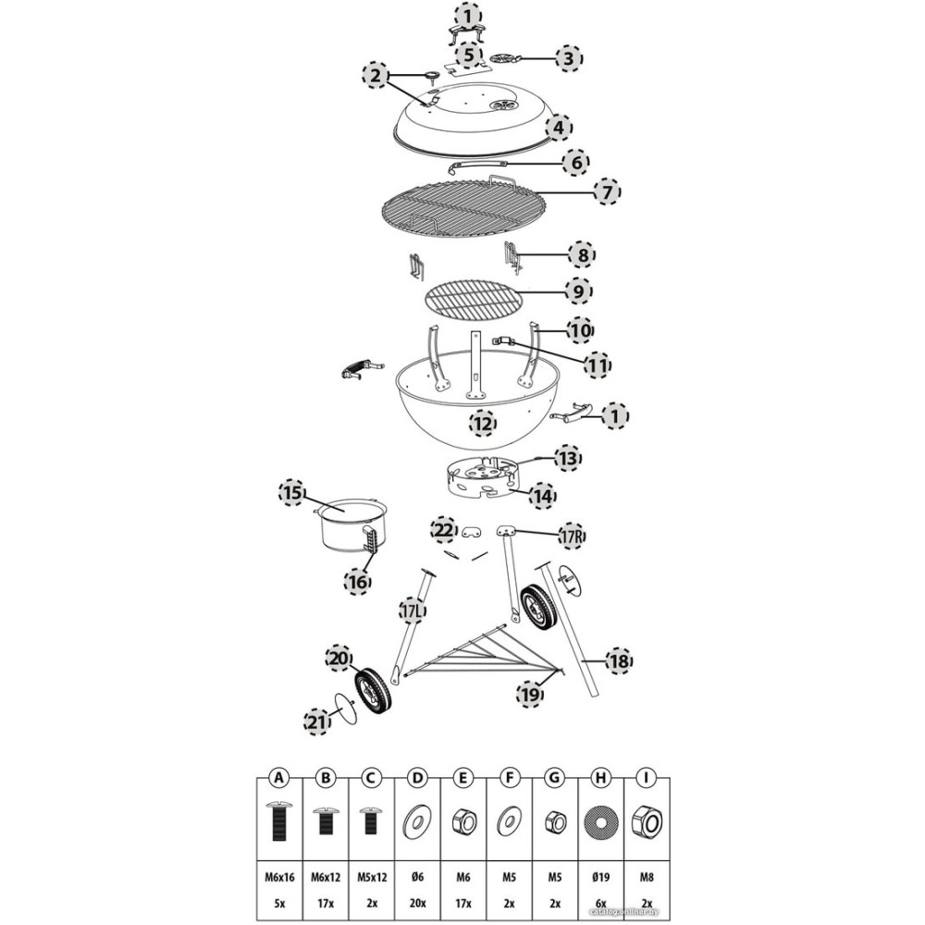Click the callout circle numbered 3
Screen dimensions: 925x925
coord(569,58)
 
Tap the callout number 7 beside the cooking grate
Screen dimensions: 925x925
coord(606,192)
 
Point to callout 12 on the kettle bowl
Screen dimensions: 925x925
coord(482,425)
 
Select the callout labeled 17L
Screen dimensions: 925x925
coord(412,610)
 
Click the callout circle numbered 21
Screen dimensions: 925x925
coord(317,721)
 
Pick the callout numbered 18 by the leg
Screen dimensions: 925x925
coord(617,660)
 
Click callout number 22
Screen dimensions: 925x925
coord(444,530)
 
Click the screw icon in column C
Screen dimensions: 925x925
coord(371,820)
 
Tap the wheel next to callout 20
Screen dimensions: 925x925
coord(375,690)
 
